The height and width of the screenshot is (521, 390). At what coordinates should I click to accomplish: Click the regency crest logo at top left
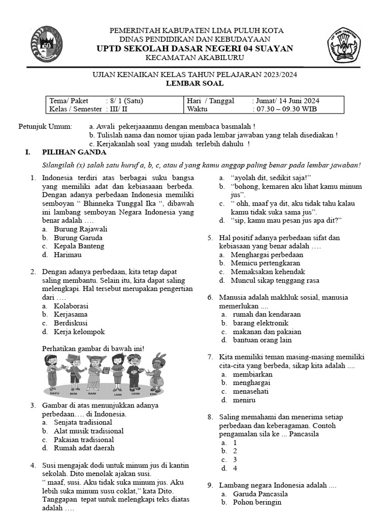coord(47,44)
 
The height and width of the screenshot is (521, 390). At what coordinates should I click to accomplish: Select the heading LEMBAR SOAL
coord(194,83)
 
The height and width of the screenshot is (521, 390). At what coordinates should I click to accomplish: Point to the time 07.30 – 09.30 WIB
coord(288,109)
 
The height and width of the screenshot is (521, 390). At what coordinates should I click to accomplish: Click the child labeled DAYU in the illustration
coord(53,374)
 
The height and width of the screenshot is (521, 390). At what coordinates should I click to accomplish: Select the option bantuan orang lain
coord(262,340)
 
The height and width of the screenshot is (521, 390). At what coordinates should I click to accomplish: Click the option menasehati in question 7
coord(250,391)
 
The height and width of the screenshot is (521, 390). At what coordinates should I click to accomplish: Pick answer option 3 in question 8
coord(235,459)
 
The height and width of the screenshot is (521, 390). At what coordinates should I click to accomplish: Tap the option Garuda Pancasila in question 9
coord(260,494)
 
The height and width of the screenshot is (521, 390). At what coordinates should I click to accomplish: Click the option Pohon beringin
coord(256,502)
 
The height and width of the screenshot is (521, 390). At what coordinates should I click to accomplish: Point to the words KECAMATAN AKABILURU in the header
coord(194,59)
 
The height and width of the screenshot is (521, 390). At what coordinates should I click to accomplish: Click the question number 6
coord(210,297)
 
